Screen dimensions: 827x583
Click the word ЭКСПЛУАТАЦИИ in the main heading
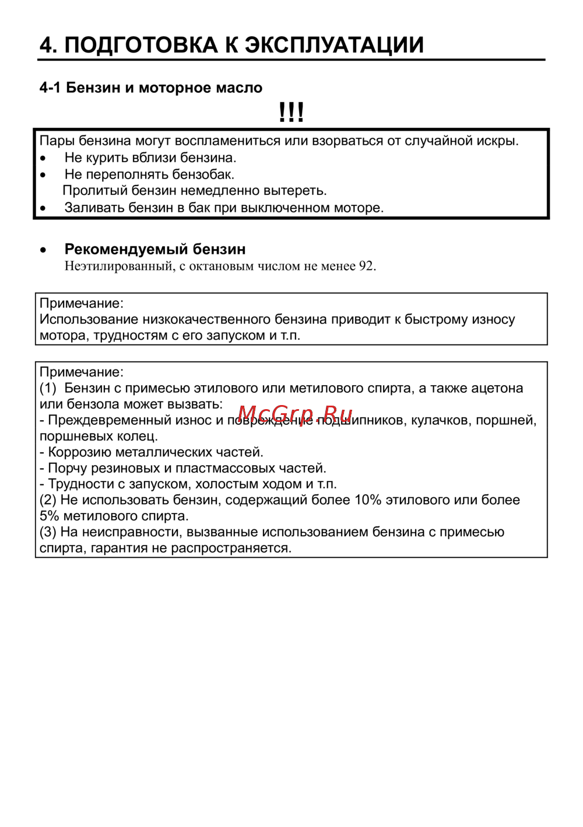click(x=333, y=45)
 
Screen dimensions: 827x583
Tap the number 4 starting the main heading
click(x=47, y=45)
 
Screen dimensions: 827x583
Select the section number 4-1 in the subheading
click(x=50, y=88)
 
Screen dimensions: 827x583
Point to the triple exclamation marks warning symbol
click(x=291, y=112)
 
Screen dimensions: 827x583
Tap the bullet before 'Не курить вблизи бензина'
click(x=43, y=158)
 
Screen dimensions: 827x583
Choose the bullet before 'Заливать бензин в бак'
click(x=43, y=208)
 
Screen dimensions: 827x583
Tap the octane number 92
click(x=366, y=266)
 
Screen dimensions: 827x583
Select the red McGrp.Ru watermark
click(x=295, y=415)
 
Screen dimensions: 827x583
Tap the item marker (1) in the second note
click(x=48, y=388)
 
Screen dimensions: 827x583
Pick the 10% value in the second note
click(x=368, y=500)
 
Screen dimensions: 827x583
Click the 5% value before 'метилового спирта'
click(x=49, y=516)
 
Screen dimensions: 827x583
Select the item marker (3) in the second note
click(x=48, y=532)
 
